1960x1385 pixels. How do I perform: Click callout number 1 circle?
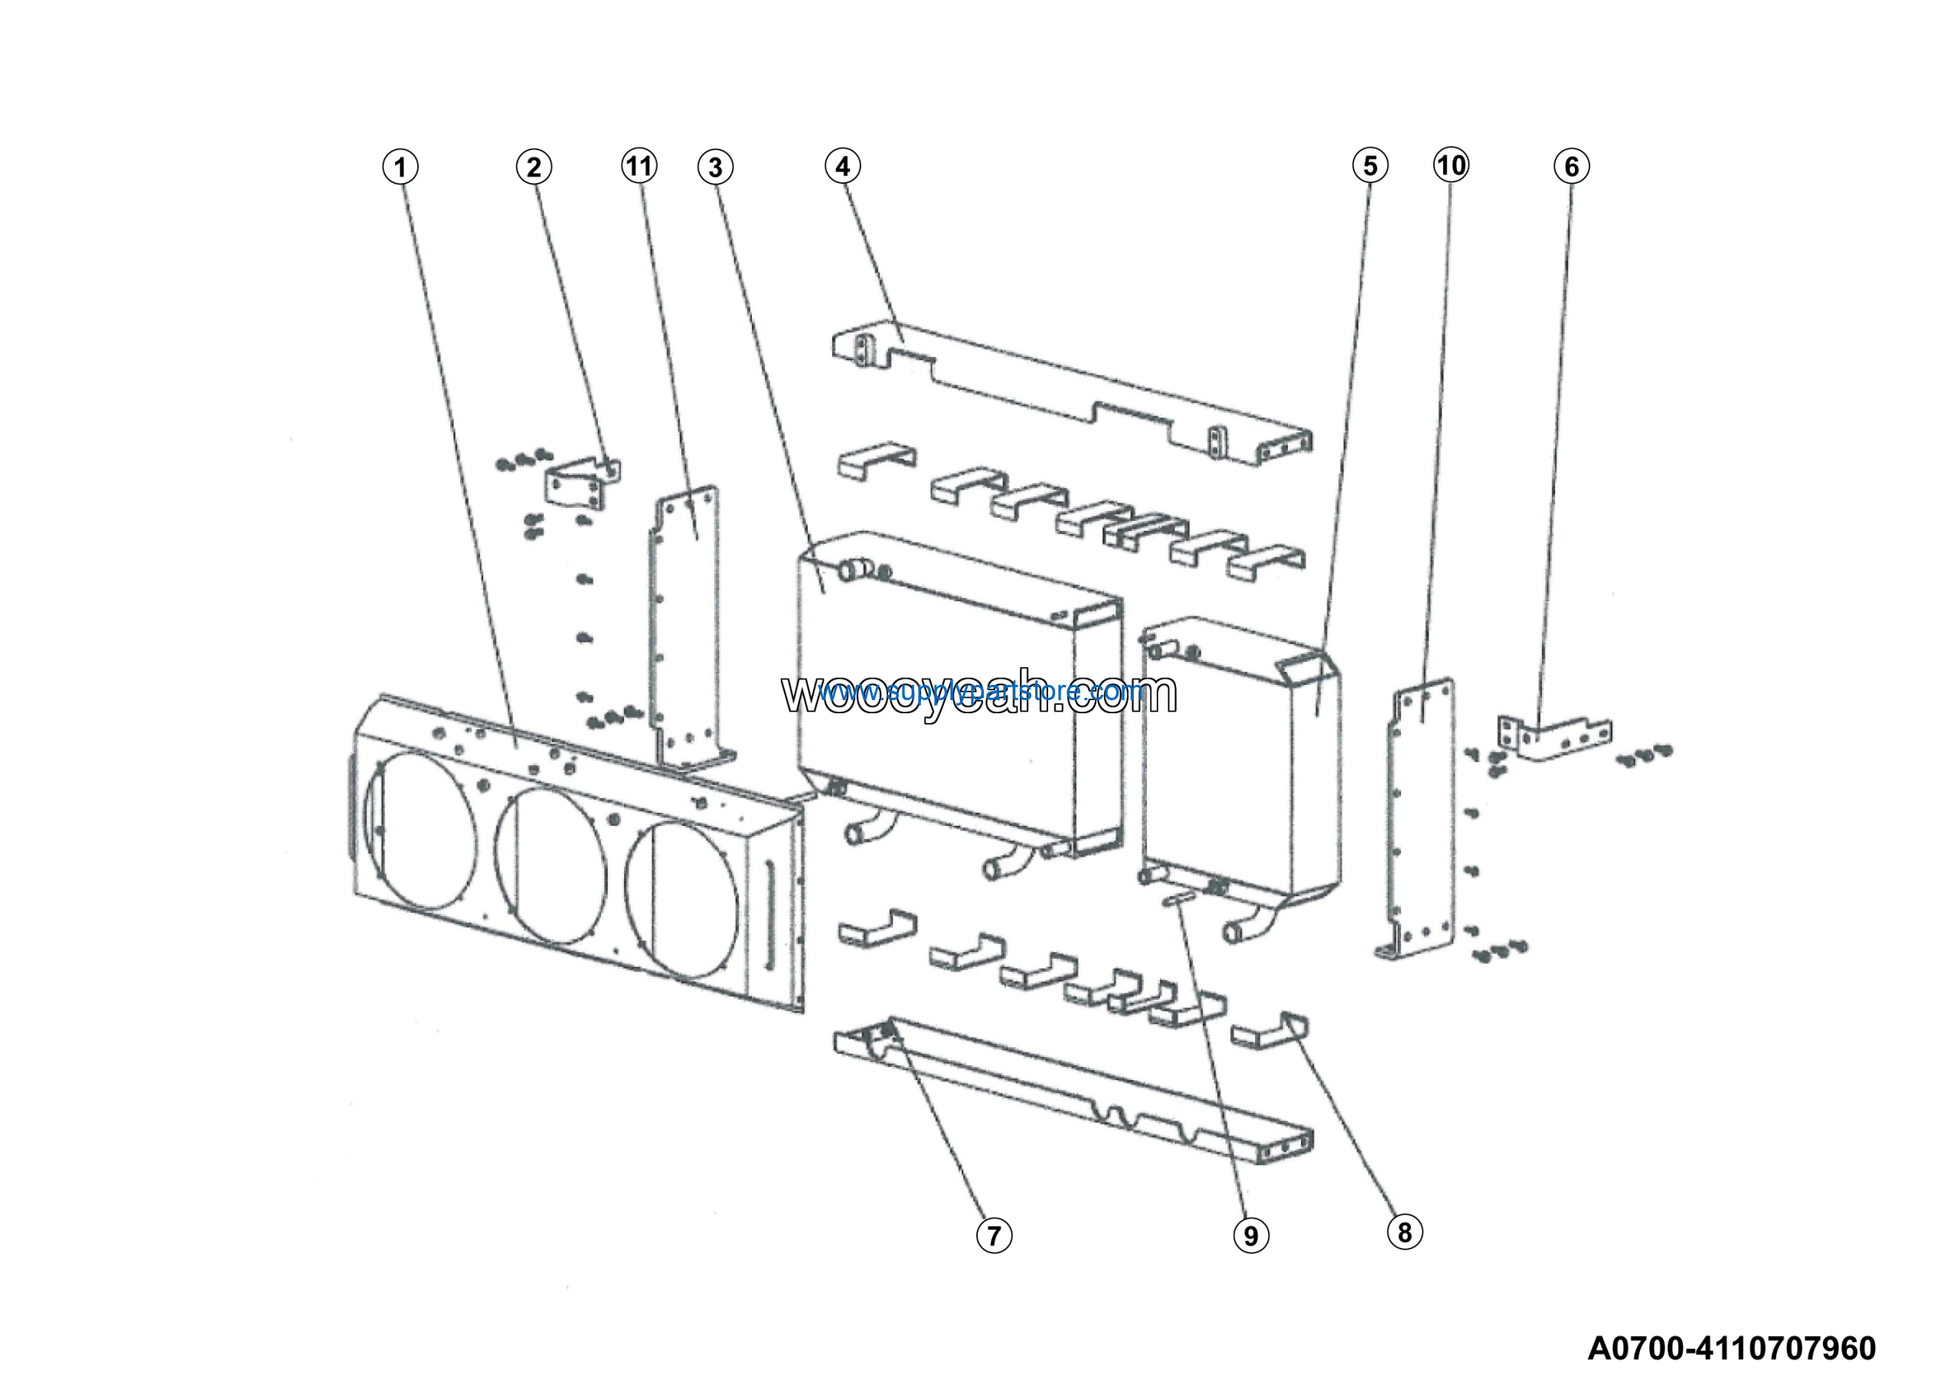400,166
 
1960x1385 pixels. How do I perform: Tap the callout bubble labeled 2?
534,166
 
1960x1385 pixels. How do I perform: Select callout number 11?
639,165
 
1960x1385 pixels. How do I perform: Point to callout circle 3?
715,167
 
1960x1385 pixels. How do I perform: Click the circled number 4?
842,165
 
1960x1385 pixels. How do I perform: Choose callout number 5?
1370,165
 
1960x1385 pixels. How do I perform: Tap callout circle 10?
1451,165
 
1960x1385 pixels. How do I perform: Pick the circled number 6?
1572,166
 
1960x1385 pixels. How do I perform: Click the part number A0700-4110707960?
1731,1348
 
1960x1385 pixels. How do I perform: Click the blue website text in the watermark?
982,691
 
